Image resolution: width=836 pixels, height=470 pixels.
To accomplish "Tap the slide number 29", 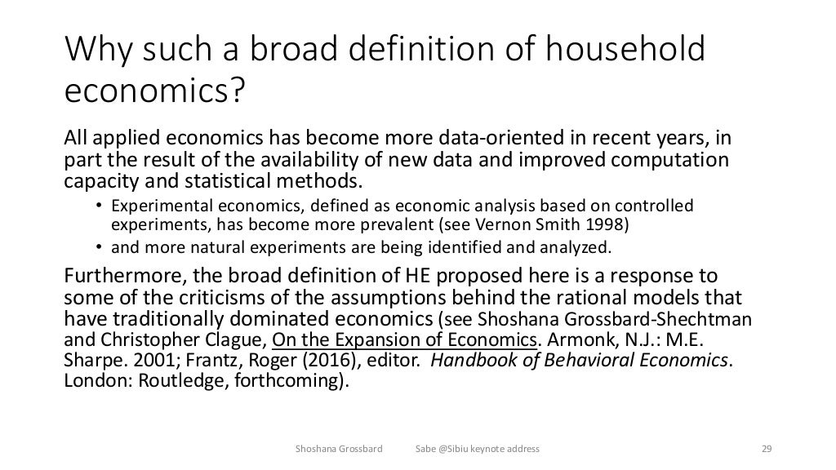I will pos(766,449).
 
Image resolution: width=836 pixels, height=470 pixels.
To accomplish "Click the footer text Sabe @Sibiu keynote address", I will pos(477,449).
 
